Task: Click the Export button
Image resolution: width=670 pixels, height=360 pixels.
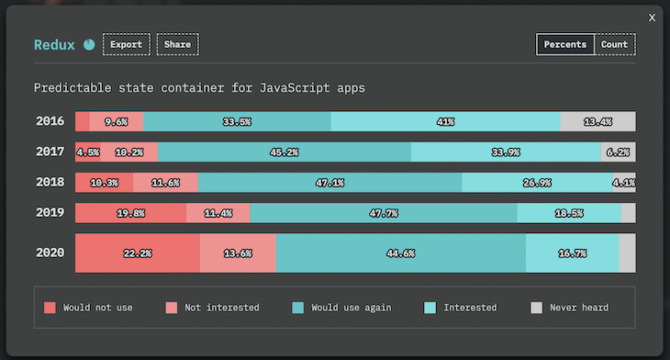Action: (126, 44)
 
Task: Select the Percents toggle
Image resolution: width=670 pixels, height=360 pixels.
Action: (564, 44)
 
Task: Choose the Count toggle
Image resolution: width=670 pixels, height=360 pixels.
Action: (614, 44)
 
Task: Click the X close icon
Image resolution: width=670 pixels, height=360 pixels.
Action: (652, 17)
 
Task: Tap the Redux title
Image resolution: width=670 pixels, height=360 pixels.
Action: (54, 44)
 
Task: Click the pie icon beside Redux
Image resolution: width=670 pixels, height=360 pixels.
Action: (89, 44)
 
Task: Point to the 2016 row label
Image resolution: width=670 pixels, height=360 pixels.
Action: (50, 121)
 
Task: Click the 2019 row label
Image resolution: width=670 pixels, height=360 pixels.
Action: (50, 213)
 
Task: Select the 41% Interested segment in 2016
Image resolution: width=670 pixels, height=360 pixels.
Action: (445, 121)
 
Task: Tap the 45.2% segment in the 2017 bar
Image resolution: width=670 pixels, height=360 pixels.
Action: (284, 152)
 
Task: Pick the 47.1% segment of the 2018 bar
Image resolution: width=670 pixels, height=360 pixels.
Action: (329, 183)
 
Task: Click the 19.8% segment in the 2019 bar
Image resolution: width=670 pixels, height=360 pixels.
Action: (130, 213)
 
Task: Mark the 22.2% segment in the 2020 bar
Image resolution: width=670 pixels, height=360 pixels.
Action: (137, 253)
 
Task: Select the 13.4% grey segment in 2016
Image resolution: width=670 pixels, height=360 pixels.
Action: (597, 121)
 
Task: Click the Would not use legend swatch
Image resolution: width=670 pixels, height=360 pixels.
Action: (50, 308)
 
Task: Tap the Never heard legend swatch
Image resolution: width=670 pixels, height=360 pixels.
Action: (537, 308)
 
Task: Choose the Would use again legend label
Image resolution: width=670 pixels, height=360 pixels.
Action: (351, 308)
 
